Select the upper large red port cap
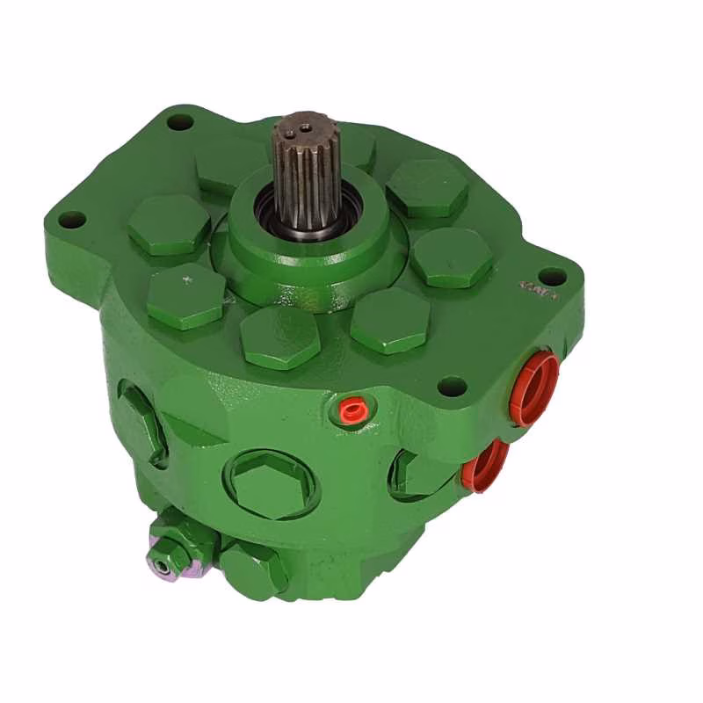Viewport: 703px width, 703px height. (534, 388)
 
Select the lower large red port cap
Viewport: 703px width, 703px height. (485, 465)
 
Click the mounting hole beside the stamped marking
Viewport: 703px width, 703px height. (551, 276)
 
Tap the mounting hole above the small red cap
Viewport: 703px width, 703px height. (452, 385)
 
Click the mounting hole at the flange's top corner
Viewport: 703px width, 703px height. (180, 122)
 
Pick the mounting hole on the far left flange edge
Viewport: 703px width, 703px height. (71, 219)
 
